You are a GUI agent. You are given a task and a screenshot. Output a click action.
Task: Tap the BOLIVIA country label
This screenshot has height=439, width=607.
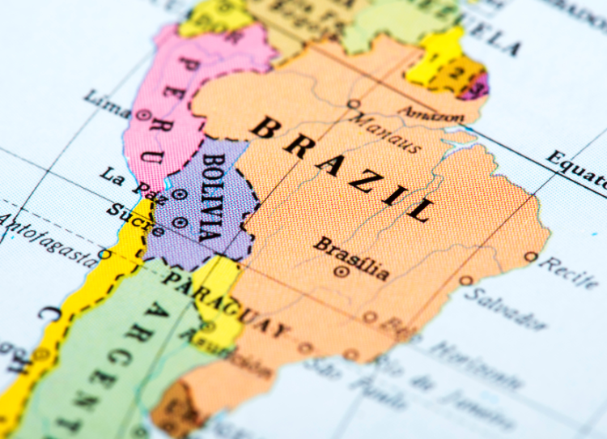pyautogui.click(x=212, y=198)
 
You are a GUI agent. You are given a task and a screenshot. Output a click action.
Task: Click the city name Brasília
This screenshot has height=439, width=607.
pyautogui.click(x=351, y=258)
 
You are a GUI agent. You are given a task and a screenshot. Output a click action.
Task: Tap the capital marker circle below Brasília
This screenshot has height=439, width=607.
pyautogui.click(x=341, y=272)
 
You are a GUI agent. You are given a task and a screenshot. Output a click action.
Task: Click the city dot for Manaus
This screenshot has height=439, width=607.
pyautogui.click(x=353, y=104)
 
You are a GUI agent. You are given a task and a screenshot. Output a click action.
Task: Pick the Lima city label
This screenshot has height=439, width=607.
pyautogui.click(x=107, y=105)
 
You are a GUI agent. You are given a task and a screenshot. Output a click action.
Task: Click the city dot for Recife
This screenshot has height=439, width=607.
pyautogui.click(x=530, y=257)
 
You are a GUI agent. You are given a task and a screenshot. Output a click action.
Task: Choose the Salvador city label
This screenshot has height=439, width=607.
pyautogui.click(x=506, y=306)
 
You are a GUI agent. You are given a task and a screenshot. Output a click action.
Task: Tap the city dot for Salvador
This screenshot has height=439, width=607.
pyautogui.click(x=466, y=281)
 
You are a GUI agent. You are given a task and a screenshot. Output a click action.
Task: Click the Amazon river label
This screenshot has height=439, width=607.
pyautogui.click(x=431, y=114)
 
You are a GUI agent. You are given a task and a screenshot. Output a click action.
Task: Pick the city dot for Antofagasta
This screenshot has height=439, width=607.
pyautogui.click(x=104, y=254)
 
